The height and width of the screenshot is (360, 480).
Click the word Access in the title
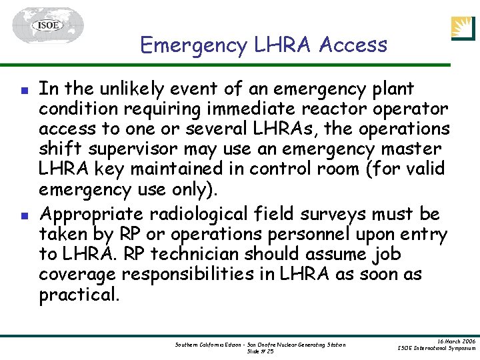coord(353,45)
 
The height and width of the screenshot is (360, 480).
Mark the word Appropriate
coord(93,215)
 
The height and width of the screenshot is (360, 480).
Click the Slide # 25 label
coord(260,351)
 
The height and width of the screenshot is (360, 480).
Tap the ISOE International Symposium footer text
coord(436,348)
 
